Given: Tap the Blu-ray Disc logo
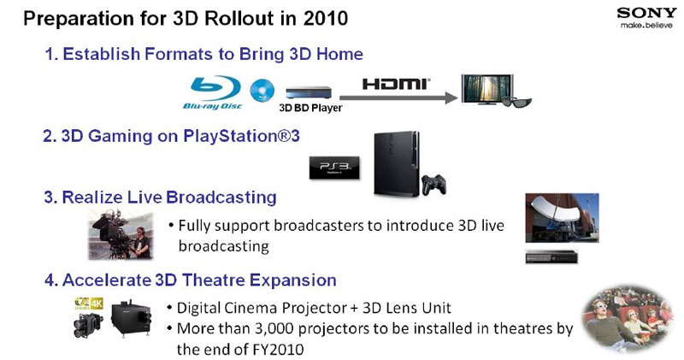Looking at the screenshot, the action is click(212, 93).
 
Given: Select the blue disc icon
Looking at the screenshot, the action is click(262, 91).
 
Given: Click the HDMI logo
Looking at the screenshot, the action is click(396, 84).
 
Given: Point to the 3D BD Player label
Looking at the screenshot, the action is click(310, 108).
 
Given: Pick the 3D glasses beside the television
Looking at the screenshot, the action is click(516, 102).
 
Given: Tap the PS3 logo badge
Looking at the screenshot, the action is click(334, 168).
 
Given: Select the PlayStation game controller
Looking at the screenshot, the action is click(433, 184).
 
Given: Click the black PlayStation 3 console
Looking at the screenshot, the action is click(396, 163).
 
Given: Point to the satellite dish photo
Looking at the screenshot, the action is click(562, 218).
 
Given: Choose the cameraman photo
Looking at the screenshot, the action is click(121, 234).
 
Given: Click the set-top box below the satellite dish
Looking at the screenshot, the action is click(551, 257).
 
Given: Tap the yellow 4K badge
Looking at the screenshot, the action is click(97, 304).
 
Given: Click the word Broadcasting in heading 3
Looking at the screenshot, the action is click(221, 198).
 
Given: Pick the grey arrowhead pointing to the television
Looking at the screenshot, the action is click(452, 97).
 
